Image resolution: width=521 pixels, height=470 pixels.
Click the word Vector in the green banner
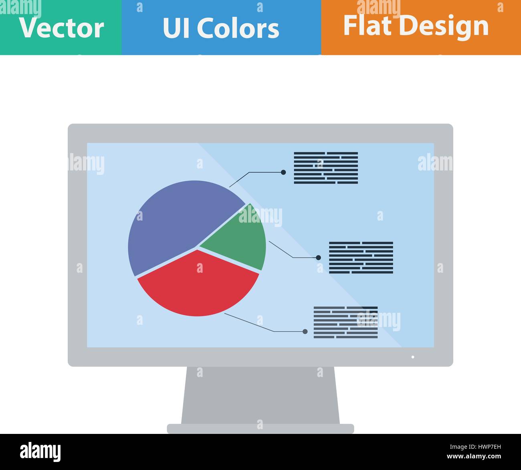pyautogui.click(x=61, y=28)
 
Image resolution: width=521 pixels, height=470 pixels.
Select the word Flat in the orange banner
pyautogui.click(x=367, y=26)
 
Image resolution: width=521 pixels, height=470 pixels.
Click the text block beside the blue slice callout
pyautogui.click(x=326, y=168)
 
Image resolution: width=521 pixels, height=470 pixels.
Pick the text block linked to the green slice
pyautogui.click(x=361, y=257)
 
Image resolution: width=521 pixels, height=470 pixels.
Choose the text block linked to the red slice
pyautogui.click(x=345, y=322)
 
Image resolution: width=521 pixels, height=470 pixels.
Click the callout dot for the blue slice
pyautogui.click(x=283, y=172)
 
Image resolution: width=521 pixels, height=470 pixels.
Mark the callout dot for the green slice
pyautogui.click(x=318, y=257)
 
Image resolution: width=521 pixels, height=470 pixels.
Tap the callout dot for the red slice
pyautogui.click(x=305, y=332)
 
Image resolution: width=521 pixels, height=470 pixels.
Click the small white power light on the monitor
pyautogui.click(x=413, y=357)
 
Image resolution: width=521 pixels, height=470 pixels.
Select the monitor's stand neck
pyautogui.click(x=260, y=395)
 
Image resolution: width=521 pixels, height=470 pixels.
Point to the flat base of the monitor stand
pyautogui.click(x=260, y=429)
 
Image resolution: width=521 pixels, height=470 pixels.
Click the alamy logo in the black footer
pyautogui.click(x=40, y=452)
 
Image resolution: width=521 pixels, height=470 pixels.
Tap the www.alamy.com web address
pyautogui.click(x=474, y=456)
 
